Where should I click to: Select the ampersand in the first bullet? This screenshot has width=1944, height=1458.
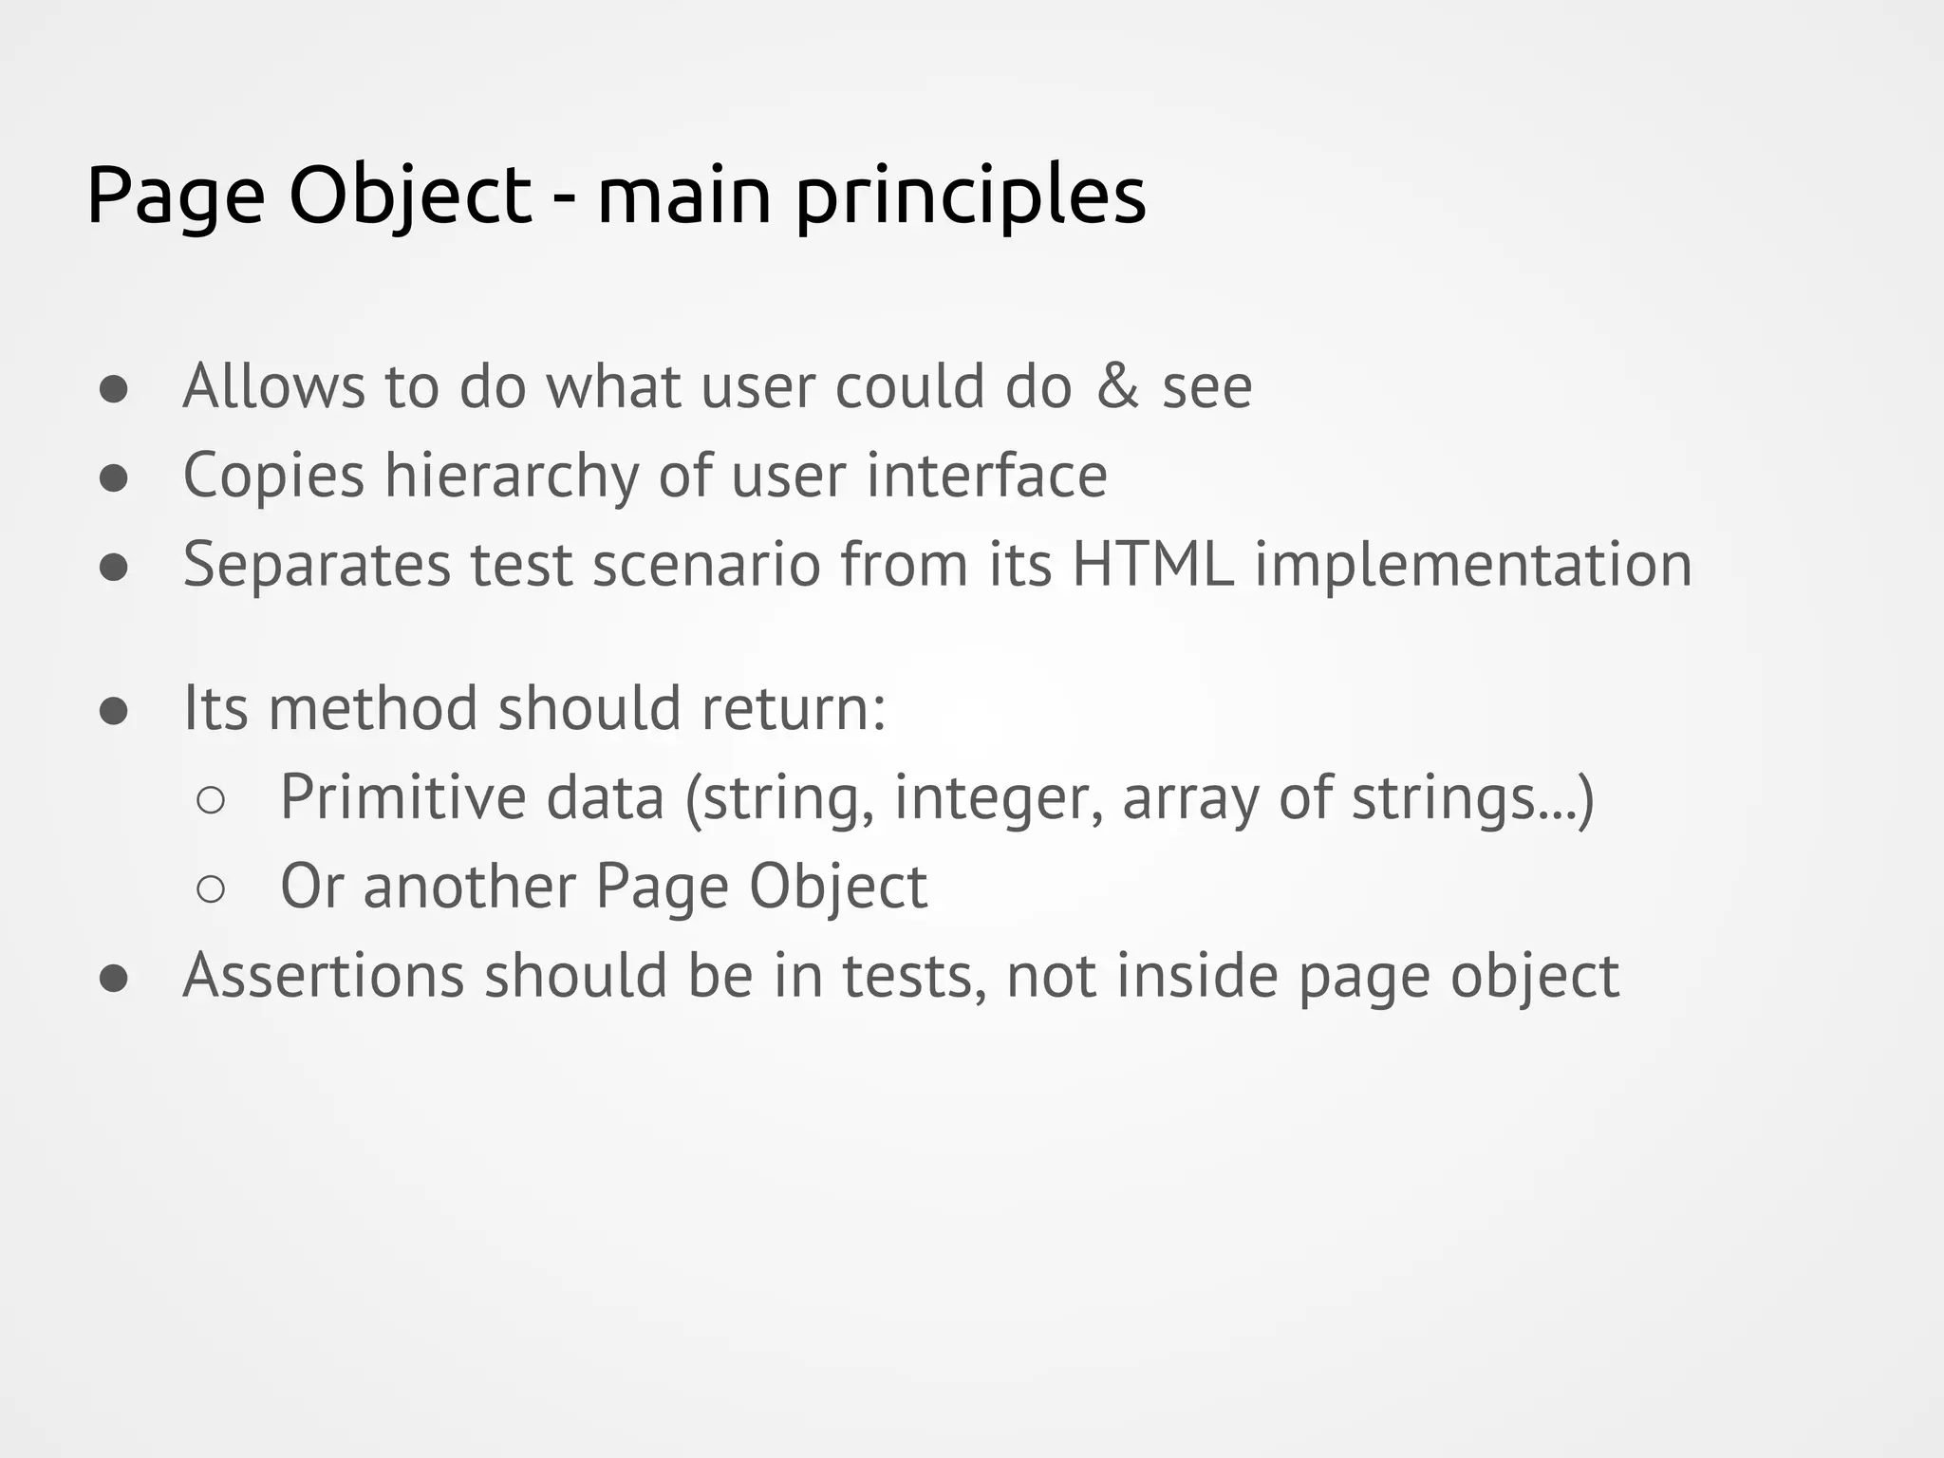(1117, 386)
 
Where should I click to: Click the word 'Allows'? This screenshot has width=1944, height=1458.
(273, 386)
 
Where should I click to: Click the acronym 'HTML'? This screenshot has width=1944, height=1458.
(1152, 564)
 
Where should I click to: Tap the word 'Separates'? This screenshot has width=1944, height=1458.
(316, 566)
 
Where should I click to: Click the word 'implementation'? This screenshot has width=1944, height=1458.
(1473, 566)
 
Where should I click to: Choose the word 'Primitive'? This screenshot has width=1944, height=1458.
(402, 797)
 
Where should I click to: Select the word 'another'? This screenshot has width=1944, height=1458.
(469, 887)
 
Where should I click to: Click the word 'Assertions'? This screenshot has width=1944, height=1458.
(323, 976)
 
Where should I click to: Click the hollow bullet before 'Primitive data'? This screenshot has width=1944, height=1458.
(211, 800)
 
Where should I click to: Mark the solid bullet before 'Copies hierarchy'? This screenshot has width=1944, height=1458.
(114, 478)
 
